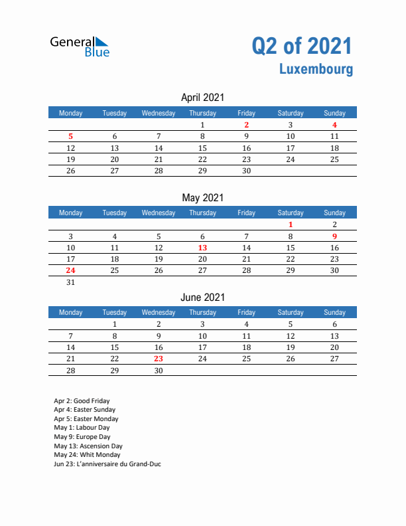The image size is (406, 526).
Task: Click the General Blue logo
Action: point(80,46)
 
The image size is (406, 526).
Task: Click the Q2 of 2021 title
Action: point(302,46)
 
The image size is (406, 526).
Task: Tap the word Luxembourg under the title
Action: point(316,69)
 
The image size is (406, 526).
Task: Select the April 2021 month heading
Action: point(202,98)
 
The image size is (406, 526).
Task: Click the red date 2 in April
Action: point(246,125)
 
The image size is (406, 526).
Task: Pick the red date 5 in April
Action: point(71,137)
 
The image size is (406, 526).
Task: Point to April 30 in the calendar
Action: point(246,171)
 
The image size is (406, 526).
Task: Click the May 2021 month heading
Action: point(202,197)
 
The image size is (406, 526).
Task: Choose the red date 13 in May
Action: point(202,248)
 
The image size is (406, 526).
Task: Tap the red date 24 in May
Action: point(71,270)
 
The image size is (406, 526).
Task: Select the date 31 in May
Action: point(71,282)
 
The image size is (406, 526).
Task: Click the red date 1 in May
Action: point(290,224)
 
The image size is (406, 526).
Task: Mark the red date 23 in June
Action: point(159,359)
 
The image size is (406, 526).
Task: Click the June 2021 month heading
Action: point(202,297)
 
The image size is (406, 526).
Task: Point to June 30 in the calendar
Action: point(159,371)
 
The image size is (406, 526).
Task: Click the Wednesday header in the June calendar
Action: point(159,312)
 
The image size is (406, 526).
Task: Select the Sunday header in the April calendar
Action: point(334,113)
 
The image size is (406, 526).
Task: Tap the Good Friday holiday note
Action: point(82,401)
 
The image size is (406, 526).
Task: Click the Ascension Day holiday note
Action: point(88,446)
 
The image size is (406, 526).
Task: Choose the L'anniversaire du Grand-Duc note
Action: point(107,464)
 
